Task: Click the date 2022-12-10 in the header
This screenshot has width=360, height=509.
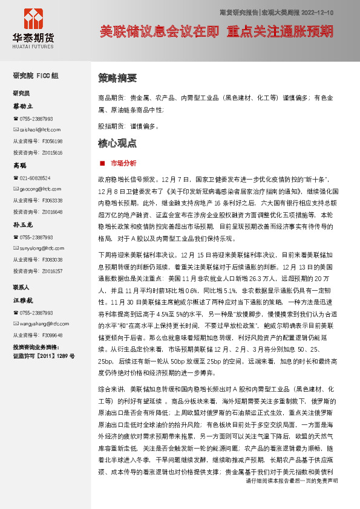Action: pos(315,12)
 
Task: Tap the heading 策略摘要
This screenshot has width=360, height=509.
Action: pos(117,78)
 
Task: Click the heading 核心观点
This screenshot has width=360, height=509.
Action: pos(117,143)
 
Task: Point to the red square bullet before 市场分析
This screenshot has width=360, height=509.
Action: pos(102,163)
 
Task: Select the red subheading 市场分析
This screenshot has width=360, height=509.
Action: pos(123,163)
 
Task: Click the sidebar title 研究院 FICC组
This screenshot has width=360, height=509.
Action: pos(36,76)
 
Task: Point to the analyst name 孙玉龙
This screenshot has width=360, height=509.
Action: pos(24,224)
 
